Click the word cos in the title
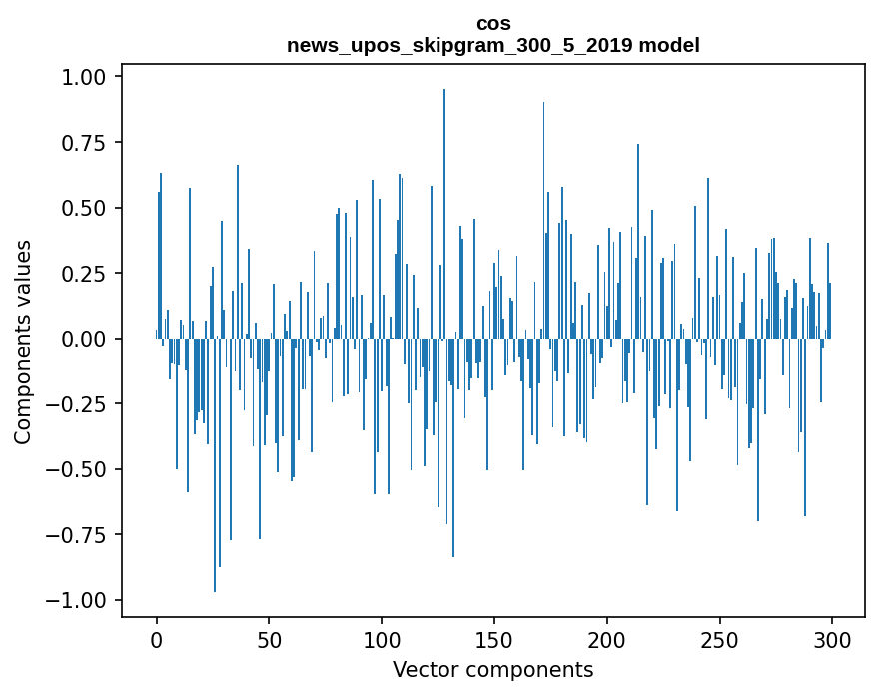493,23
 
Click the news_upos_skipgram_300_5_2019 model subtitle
493,45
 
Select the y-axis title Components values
23,342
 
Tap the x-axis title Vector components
493,670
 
